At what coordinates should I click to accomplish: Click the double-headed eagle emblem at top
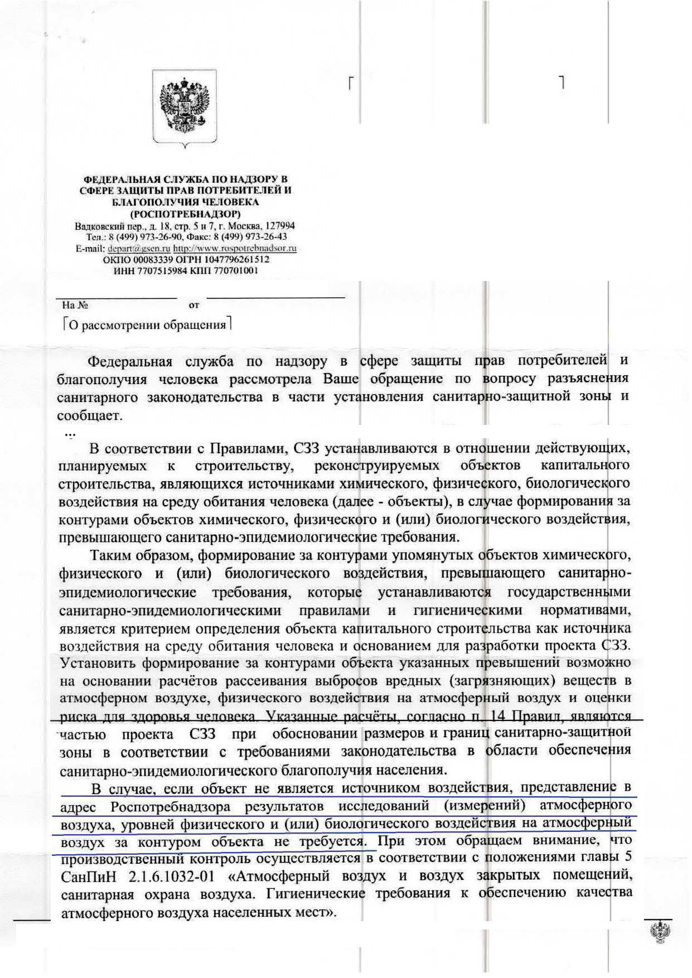pyautogui.click(x=184, y=107)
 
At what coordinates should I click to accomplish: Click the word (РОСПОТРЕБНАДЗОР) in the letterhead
pyautogui.click(x=186, y=214)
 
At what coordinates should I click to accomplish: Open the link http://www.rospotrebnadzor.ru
pyautogui.click(x=235, y=248)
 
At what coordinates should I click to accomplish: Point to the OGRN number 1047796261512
pyautogui.click(x=243, y=259)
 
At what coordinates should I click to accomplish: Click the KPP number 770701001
pyautogui.click(x=233, y=270)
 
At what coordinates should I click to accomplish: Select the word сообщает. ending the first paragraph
pyautogui.click(x=89, y=415)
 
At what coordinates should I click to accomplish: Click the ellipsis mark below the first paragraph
pyautogui.click(x=70, y=433)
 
